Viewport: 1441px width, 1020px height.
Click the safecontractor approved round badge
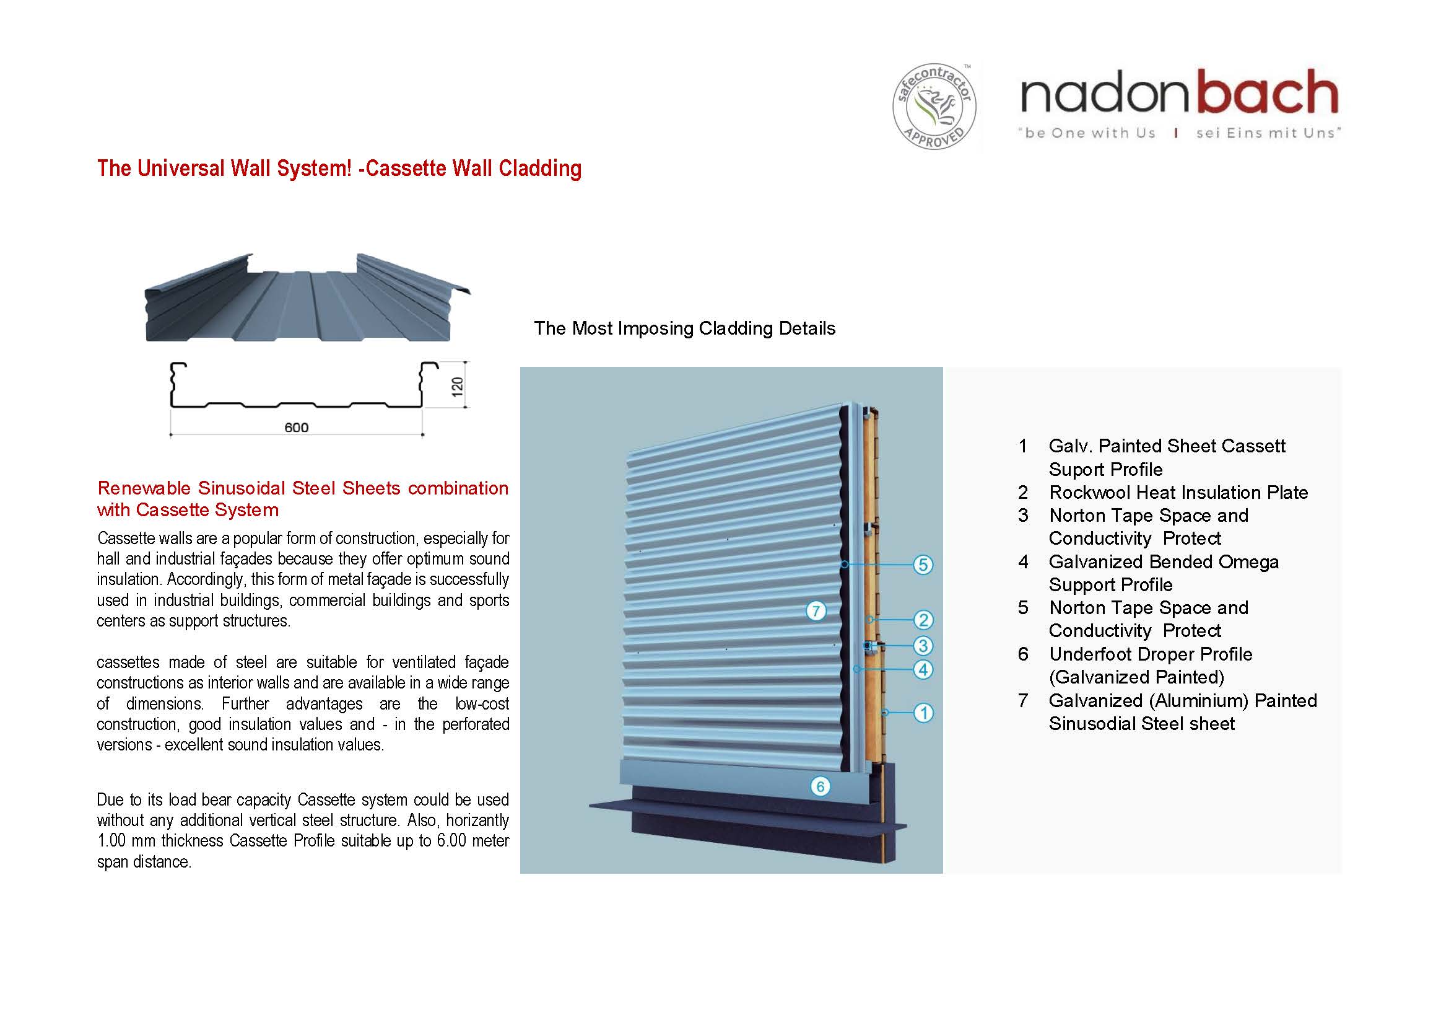click(x=934, y=107)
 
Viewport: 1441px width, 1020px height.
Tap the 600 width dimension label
click(x=296, y=428)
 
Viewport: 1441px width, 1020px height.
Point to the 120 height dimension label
click(x=458, y=385)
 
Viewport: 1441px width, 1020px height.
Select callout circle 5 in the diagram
click(x=923, y=565)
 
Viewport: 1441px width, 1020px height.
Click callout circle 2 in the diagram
click(x=923, y=620)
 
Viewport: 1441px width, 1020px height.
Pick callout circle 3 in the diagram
click(x=923, y=645)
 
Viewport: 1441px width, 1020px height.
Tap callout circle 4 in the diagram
click(x=923, y=669)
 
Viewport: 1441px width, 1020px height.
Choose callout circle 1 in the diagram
click(x=923, y=713)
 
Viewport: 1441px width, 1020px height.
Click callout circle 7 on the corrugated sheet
click(x=816, y=610)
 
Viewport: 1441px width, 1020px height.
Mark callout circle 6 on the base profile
click(x=820, y=786)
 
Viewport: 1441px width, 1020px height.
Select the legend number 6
click(x=1023, y=654)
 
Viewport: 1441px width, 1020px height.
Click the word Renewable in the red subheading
click(x=145, y=488)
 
